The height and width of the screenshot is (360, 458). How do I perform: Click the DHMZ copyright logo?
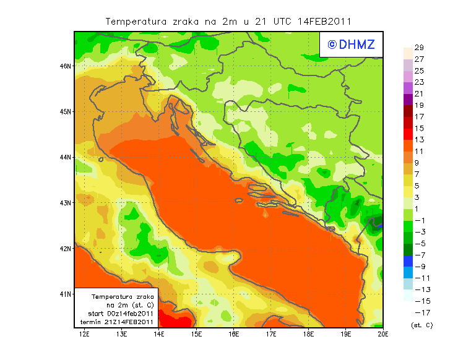tap(350, 44)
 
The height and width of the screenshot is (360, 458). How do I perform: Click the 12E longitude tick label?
tap(85, 334)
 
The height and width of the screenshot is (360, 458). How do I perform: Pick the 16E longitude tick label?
tap(234, 334)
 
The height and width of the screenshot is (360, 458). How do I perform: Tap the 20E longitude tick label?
tap(383, 334)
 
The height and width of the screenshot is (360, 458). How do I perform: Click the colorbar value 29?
tap(419, 48)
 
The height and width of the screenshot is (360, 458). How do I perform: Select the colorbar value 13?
tap(419, 140)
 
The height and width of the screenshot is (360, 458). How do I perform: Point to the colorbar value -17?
tap(419, 312)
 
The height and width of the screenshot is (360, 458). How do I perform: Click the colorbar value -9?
tap(419, 267)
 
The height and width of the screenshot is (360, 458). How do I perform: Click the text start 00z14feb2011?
tap(117, 314)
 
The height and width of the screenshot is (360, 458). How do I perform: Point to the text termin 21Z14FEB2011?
tap(117, 322)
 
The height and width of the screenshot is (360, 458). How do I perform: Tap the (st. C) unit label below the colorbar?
tap(421, 325)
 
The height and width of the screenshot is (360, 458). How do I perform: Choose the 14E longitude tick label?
tap(159, 334)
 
